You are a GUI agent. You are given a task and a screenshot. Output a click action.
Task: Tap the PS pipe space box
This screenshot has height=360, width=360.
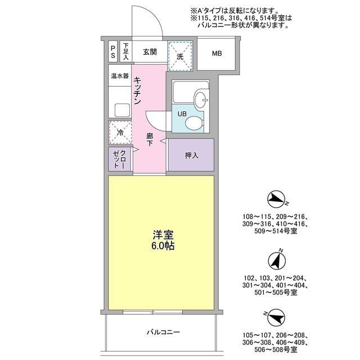(x=113, y=52)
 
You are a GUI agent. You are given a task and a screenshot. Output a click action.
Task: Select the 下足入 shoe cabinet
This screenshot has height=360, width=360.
(x=126, y=52)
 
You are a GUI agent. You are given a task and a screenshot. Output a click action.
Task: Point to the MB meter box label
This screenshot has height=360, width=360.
(x=217, y=54)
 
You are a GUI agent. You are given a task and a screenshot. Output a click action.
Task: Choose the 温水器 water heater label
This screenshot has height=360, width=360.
(x=120, y=75)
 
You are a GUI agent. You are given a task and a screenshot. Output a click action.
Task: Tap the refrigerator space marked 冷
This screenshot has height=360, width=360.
(x=120, y=133)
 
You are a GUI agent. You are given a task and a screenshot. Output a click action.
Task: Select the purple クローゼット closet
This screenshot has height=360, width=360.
(x=119, y=159)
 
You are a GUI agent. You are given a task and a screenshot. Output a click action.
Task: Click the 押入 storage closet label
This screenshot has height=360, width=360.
(x=191, y=155)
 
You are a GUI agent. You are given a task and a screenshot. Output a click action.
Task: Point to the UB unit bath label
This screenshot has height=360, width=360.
(x=182, y=114)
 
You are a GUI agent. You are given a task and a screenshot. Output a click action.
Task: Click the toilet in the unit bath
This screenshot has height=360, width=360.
(x=193, y=122)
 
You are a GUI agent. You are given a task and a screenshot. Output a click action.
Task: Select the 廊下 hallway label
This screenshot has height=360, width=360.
(x=150, y=140)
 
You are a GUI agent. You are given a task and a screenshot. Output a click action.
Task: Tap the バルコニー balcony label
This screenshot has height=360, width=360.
(x=163, y=332)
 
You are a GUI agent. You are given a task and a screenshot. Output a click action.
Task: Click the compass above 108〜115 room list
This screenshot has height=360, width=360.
(x=276, y=199)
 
